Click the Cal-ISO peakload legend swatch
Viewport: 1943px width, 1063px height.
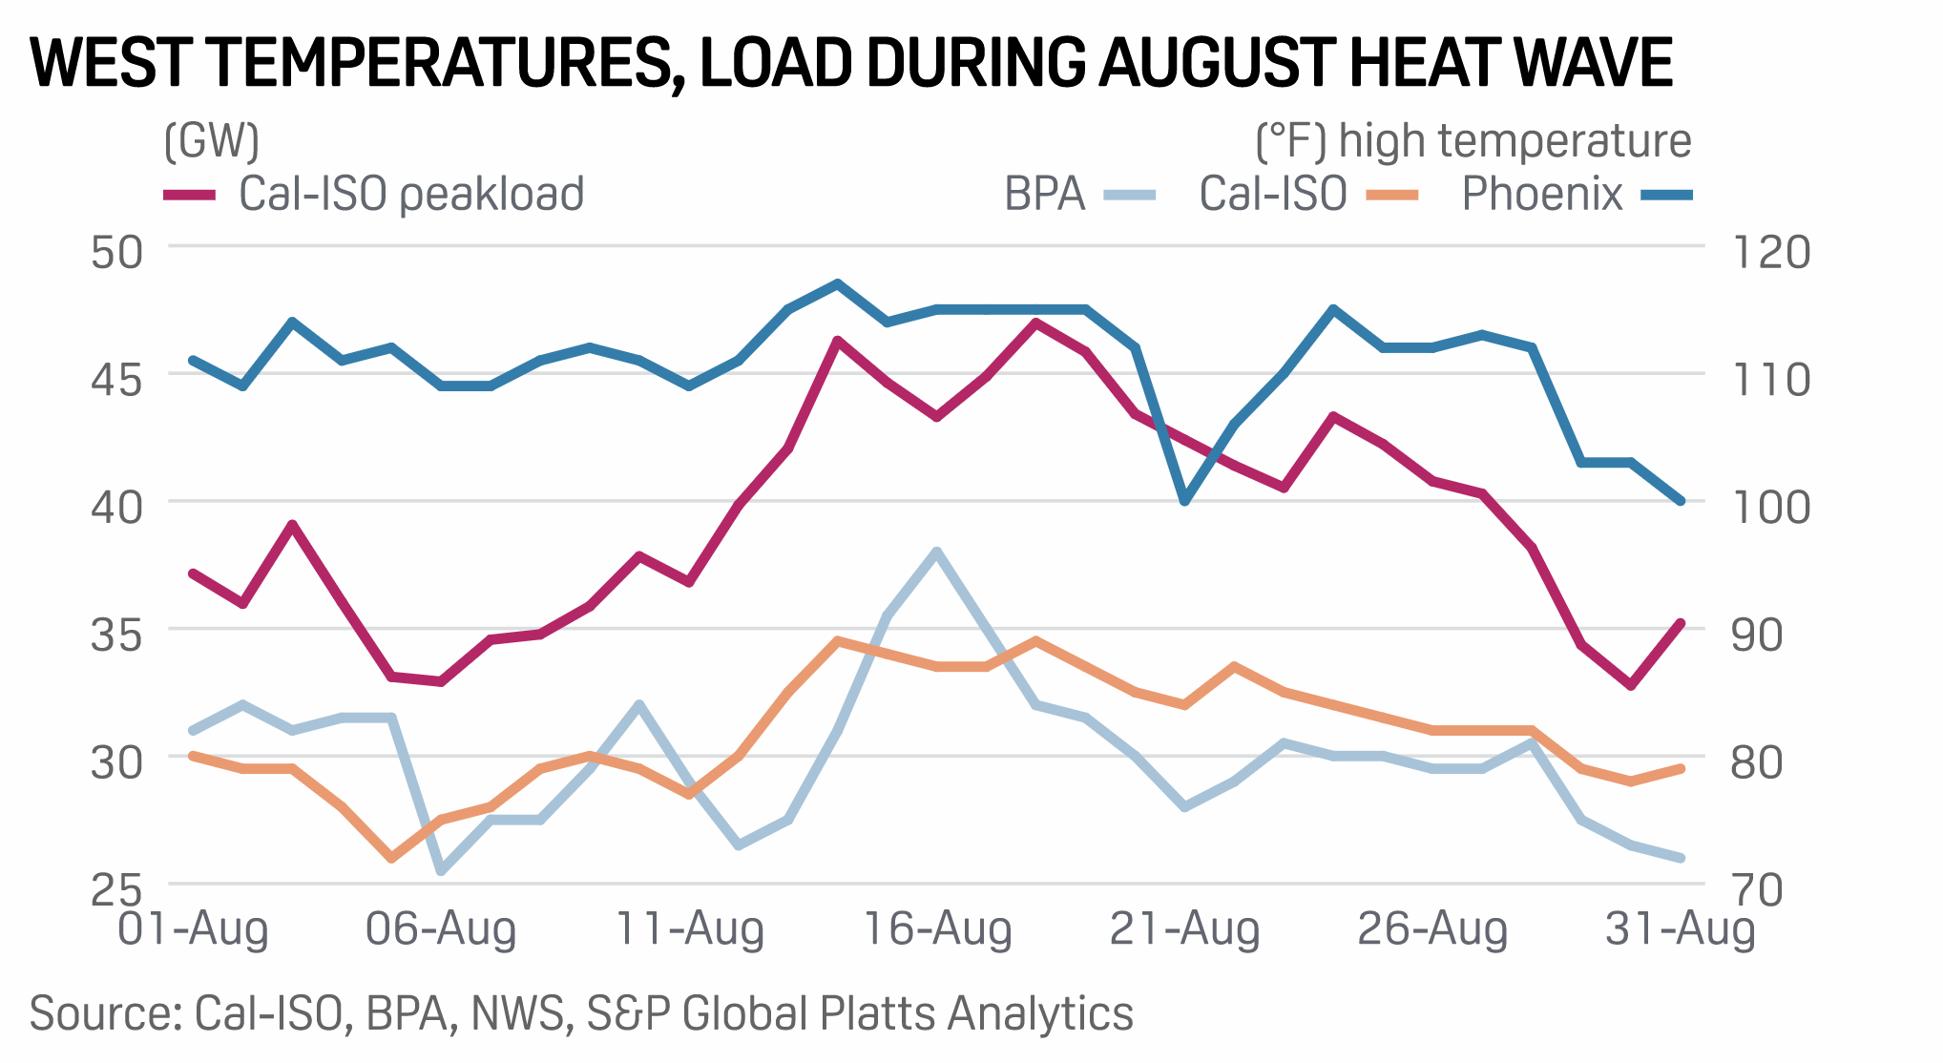pyautogui.click(x=189, y=195)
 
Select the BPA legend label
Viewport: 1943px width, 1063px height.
pyautogui.click(x=1045, y=195)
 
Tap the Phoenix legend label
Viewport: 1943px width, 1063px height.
pyautogui.click(x=1542, y=195)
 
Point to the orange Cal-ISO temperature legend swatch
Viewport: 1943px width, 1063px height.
pyautogui.click(x=1392, y=195)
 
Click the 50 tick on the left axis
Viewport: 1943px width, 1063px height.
pyautogui.click(x=116, y=253)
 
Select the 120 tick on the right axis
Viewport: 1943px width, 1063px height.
pyautogui.click(x=1771, y=253)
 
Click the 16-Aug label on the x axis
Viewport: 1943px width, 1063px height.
pyautogui.click(x=936, y=928)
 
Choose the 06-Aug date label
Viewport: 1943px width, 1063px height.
pyautogui.click(x=441, y=928)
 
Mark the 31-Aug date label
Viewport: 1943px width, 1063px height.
pyautogui.click(x=1680, y=928)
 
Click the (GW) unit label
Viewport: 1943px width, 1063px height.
pyautogui.click(x=211, y=141)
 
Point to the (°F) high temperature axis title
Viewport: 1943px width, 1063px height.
pyautogui.click(x=1473, y=141)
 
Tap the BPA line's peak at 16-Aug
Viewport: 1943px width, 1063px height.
pyautogui.click(x=936, y=552)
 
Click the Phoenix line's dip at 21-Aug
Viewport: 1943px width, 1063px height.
pyautogui.click(x=1184, y=500)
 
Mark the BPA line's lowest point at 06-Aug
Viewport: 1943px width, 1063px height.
pyautogui.click(x=441, y=870)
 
